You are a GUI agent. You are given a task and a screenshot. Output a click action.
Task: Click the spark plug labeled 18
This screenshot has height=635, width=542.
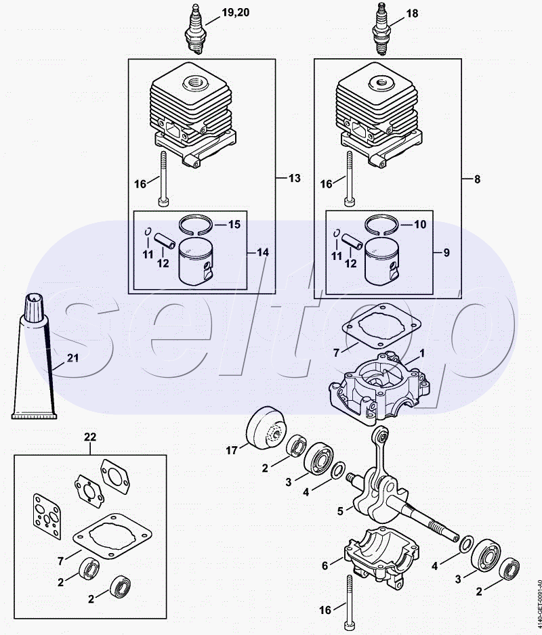pos(381,28)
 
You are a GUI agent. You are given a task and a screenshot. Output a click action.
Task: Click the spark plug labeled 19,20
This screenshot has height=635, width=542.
pos(194,28)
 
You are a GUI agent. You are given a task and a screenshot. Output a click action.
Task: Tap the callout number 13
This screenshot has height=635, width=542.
pos(295,178)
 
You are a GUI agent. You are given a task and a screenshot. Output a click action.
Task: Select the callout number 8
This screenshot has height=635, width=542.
pos(477,179)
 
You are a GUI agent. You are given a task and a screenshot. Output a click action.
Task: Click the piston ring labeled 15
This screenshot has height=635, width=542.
pos(196,224)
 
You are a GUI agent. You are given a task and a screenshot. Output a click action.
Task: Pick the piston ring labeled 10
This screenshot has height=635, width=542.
pos(382,224)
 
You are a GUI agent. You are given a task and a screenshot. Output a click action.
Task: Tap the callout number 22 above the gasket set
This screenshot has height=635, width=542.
pos(90,437)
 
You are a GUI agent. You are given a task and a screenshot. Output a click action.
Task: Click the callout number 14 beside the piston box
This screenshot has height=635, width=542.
pos(263,253)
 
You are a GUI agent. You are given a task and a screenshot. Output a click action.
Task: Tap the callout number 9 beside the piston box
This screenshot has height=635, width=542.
pos(446,253)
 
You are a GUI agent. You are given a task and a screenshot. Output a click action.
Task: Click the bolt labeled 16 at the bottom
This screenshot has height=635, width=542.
pos(349,599)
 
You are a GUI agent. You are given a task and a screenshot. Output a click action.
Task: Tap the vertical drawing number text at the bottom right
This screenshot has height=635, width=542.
pos(539,606)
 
